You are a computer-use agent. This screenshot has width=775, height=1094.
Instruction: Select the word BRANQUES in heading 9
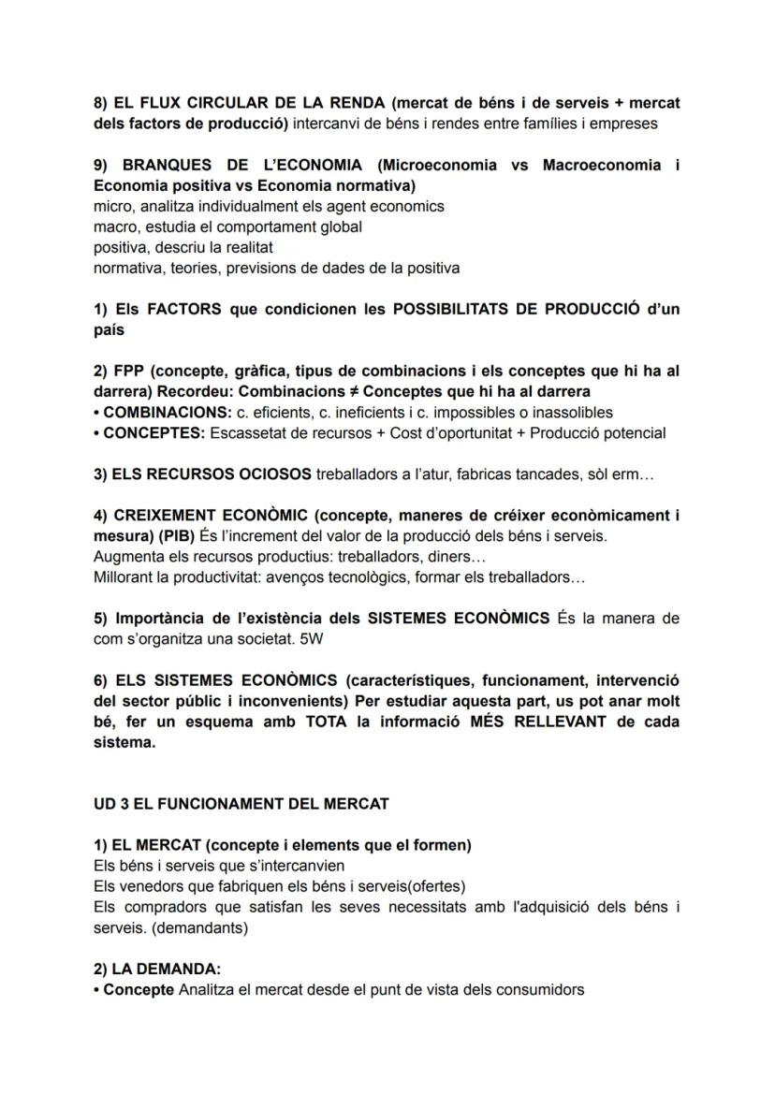point(165,166)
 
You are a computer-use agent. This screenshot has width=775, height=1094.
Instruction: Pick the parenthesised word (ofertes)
point(433,886)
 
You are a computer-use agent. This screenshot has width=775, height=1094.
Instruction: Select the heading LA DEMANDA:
point(166,969)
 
